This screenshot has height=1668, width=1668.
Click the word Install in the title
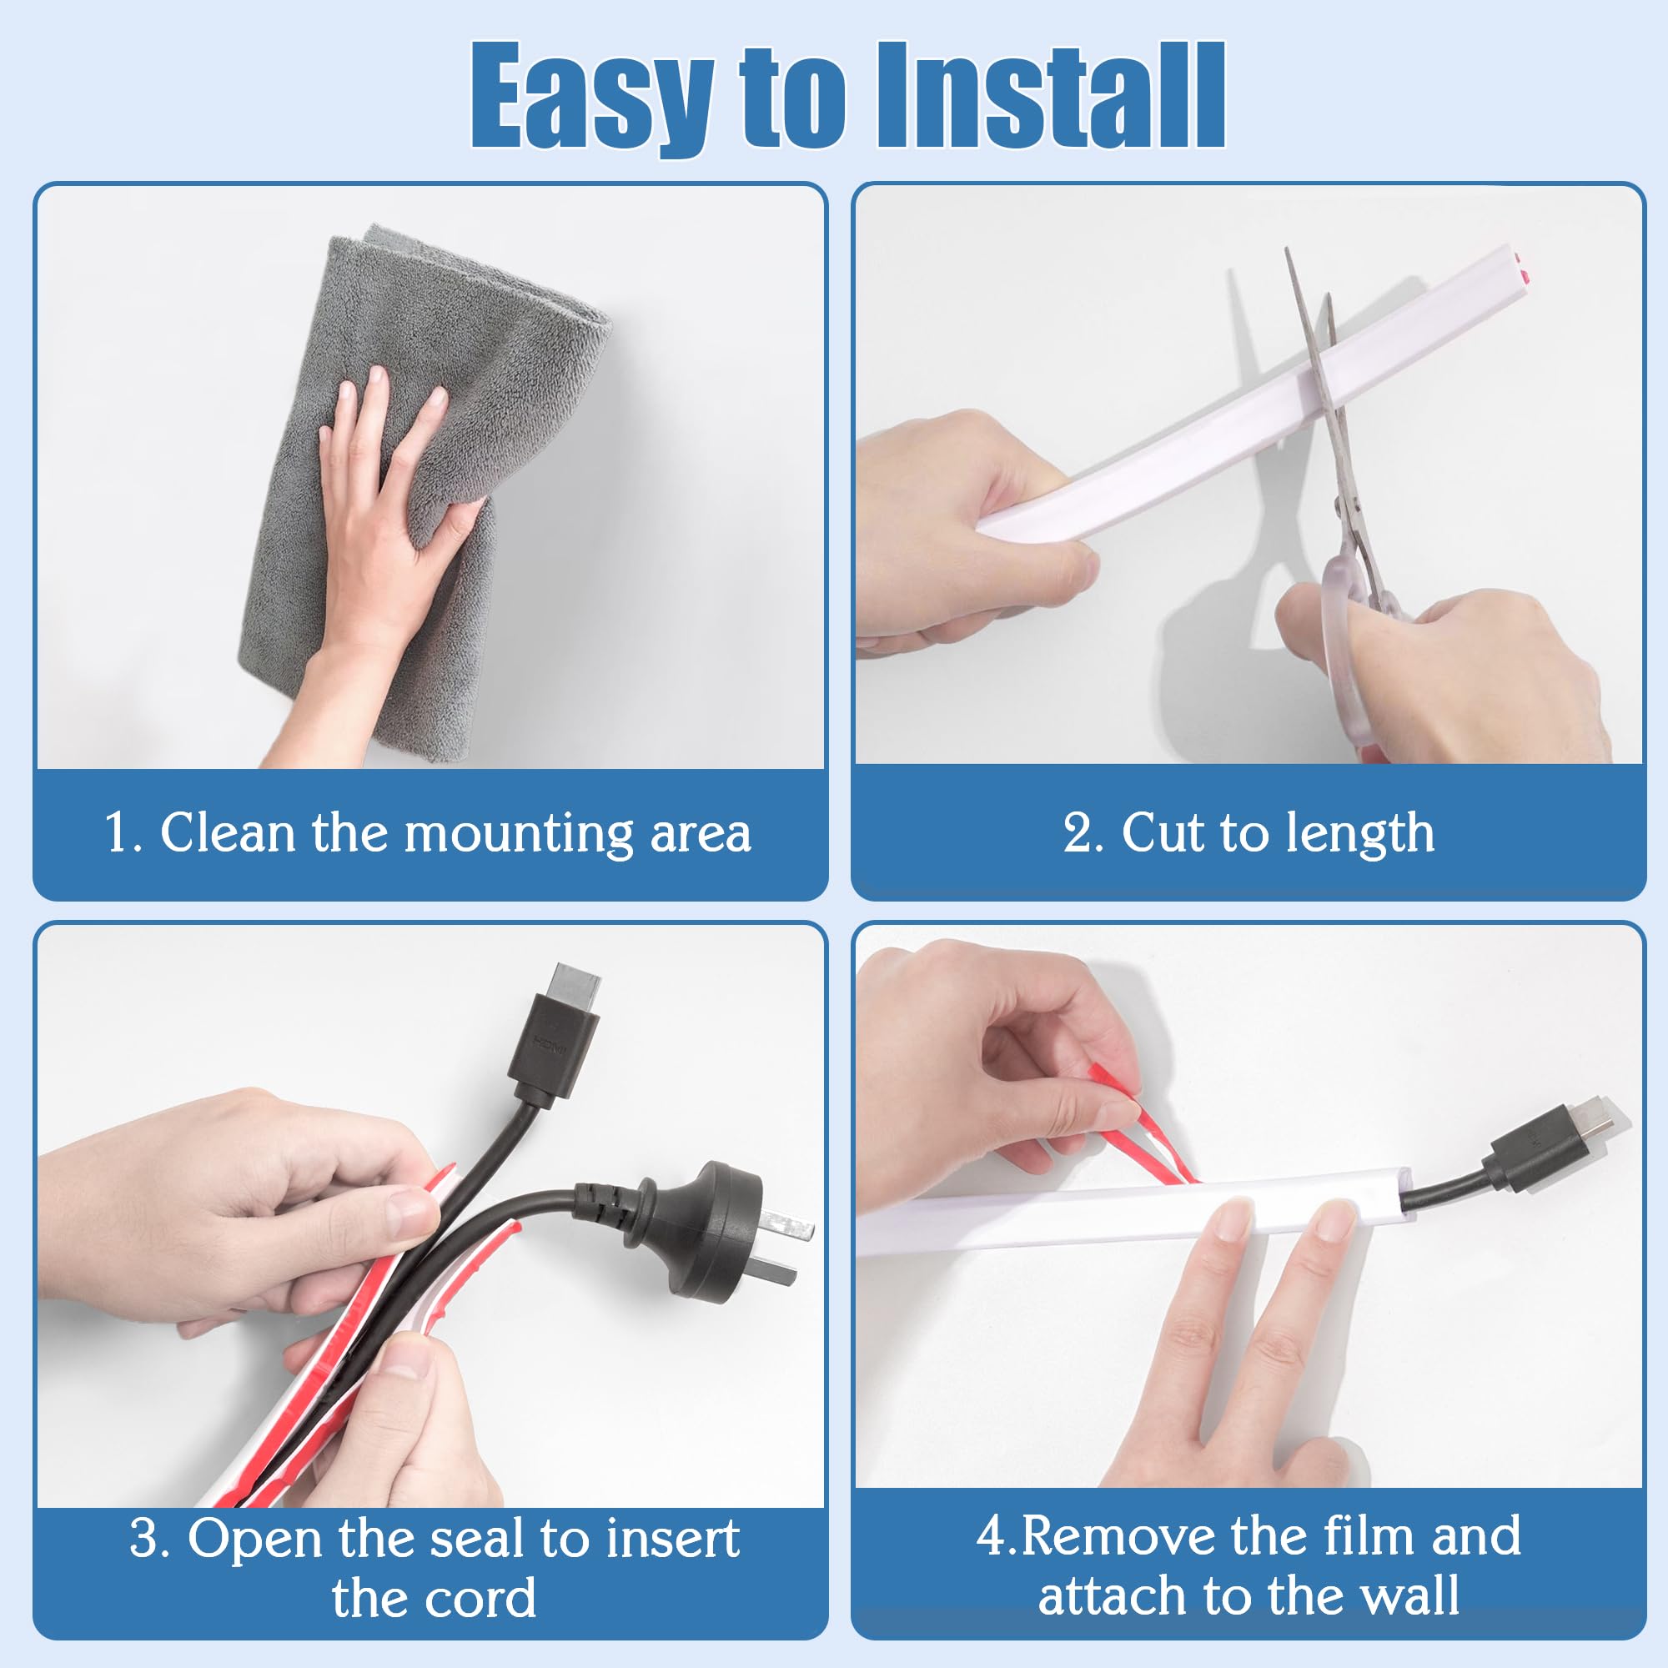(x=1052, y=97)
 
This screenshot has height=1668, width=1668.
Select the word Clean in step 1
(x=227, y=834)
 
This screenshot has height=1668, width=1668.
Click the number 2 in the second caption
(x=1078, y=834)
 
